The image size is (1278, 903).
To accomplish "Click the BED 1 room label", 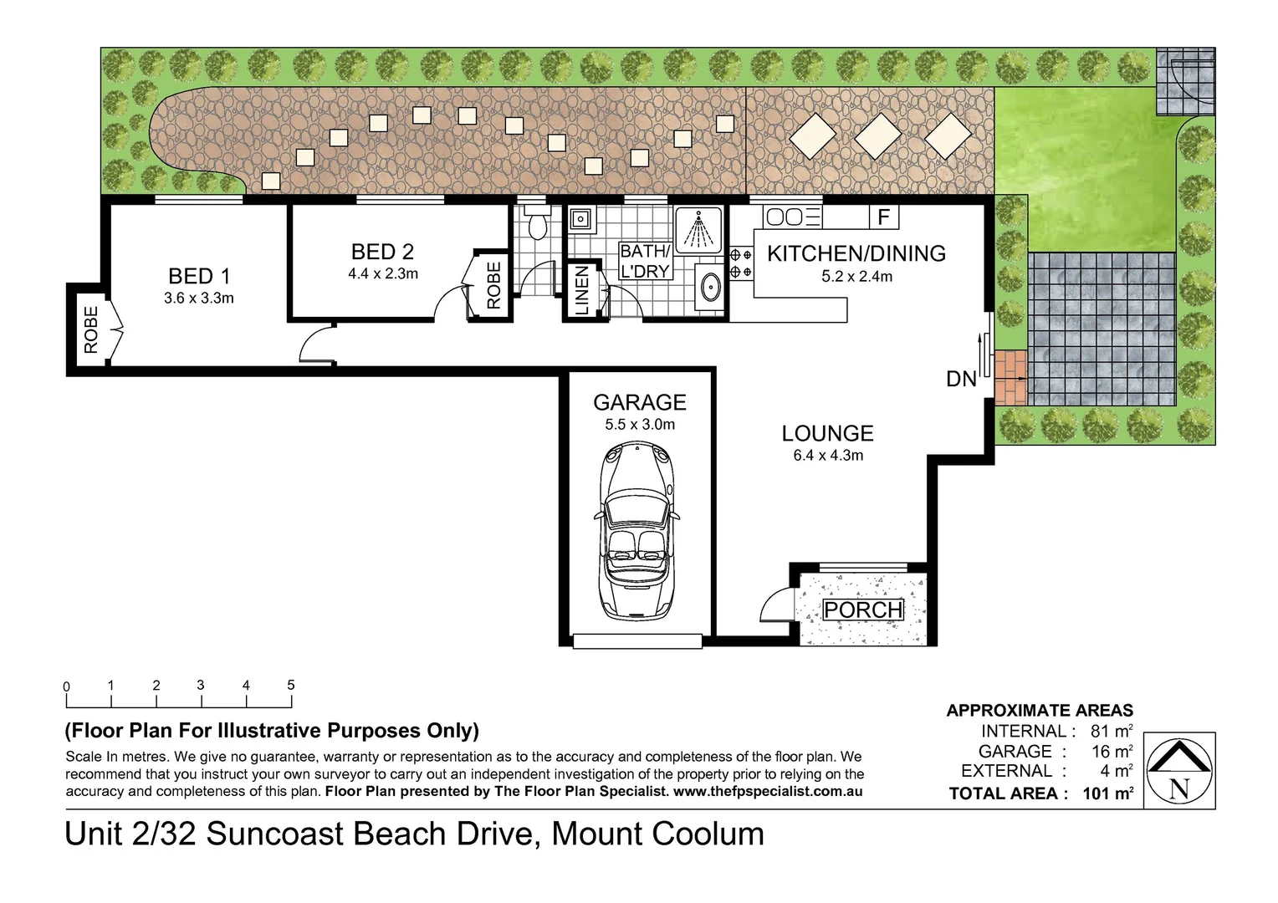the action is coord(199,276).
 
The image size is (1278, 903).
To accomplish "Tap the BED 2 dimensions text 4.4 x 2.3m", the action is coord(383,273).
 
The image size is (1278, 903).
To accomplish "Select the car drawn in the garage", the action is coord(636,532).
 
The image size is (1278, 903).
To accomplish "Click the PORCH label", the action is coord(863,610).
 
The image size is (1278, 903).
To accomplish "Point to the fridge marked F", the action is coord(884,217).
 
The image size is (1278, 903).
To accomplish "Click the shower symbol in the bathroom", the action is coord(698,230).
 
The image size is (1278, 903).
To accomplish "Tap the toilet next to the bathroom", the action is coord(537,222).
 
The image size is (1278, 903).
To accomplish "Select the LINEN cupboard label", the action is coord(582,290).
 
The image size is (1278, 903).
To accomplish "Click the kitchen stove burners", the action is coord(741,263).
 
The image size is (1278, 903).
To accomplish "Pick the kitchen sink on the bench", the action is coord(793,217).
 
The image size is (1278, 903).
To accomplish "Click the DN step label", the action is coord(961,379).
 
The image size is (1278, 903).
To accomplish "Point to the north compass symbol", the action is coord(1179,771).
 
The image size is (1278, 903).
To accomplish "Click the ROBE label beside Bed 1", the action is coord(91,329).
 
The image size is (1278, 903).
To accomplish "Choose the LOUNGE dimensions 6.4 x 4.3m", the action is coord(828,456).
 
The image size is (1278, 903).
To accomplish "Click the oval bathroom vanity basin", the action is coord(710,287).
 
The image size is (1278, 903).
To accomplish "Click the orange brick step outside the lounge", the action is coord(1010,378).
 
